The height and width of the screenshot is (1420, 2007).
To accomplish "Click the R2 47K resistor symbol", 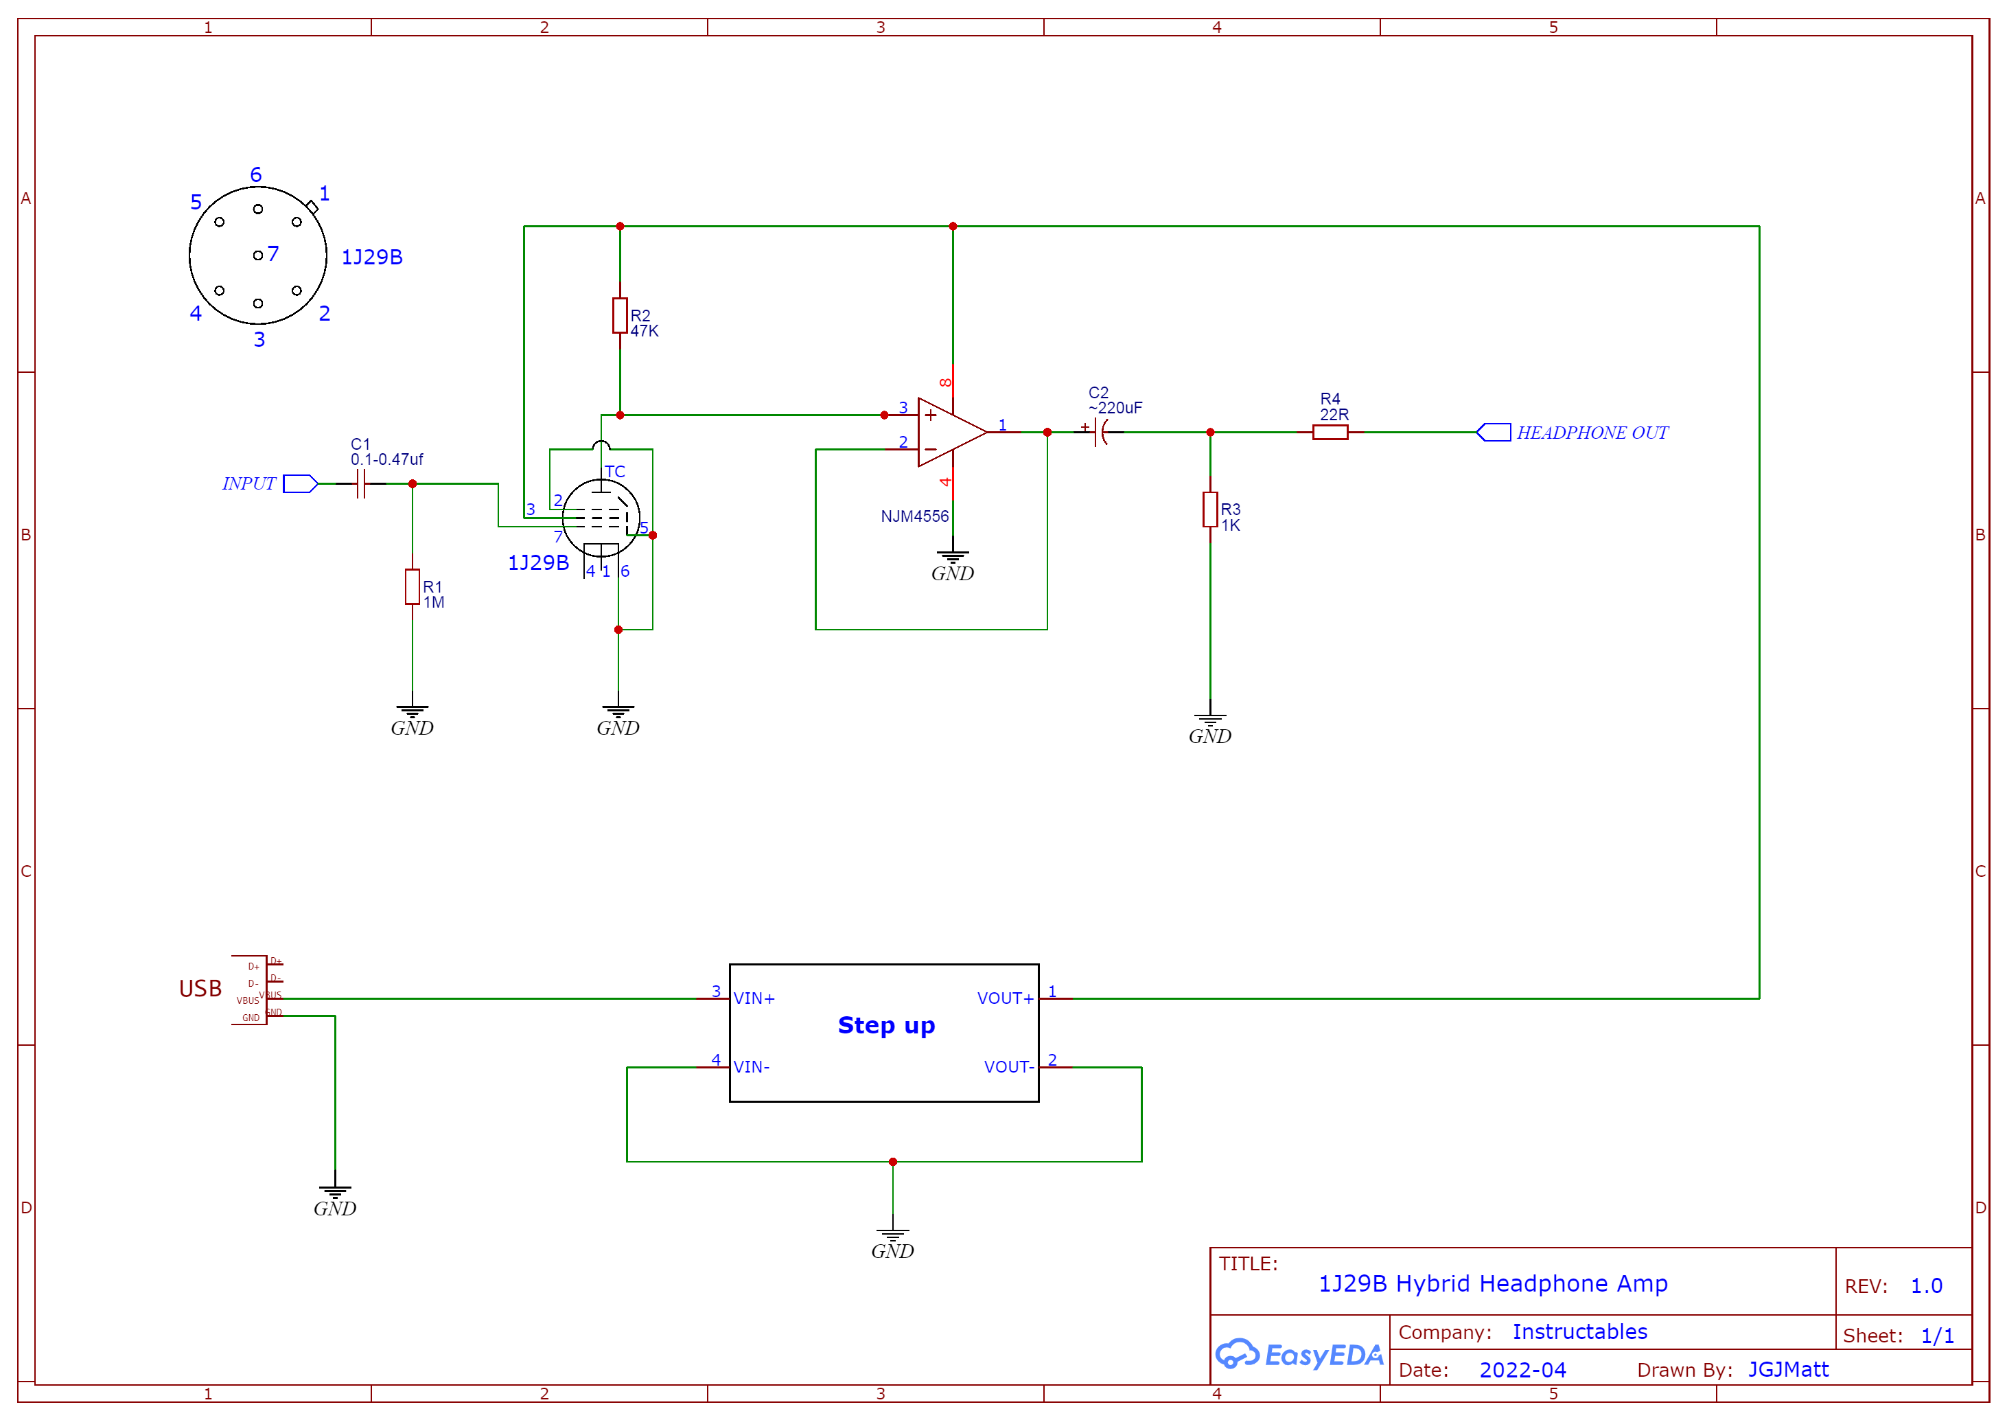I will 620,316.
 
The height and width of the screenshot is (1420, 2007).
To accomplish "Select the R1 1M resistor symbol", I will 413,586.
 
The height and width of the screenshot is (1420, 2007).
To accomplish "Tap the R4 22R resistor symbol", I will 1330,432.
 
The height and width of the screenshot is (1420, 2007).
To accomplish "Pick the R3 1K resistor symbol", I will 1210,509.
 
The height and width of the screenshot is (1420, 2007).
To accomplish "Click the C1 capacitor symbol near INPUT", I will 360,483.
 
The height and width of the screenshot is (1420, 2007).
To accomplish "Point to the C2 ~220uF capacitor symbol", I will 1100,432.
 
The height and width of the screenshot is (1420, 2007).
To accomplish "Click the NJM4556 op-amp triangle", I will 949,432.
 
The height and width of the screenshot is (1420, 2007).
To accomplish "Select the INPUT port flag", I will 300,483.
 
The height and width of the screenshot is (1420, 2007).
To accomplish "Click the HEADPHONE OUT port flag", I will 1494,432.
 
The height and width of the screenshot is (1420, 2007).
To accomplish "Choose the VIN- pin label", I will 752,1067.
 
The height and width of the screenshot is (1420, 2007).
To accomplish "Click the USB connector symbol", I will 250,989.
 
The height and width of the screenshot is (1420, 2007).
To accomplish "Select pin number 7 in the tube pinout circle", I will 272,253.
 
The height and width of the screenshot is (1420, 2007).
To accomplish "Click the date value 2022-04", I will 1522,1370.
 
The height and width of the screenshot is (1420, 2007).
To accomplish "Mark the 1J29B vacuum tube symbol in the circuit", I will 601,518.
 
